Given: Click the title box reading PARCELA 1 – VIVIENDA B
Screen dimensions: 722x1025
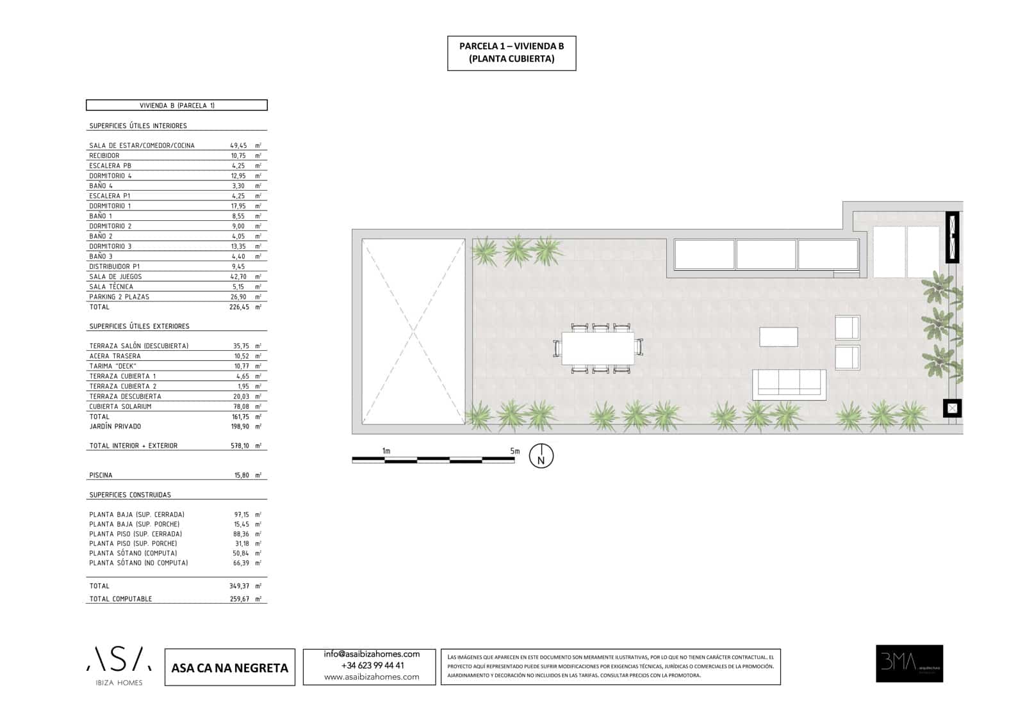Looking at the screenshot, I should coord(511,52).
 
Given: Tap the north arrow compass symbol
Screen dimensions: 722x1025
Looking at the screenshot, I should coord(541,456).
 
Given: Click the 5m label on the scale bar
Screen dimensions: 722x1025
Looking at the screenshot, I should coord(515,451).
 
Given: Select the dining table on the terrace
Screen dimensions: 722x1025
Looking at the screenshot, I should coord(598,348).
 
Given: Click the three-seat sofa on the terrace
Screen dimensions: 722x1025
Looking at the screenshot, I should coord(789,384).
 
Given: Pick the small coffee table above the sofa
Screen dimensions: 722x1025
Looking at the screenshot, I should coord(778,337).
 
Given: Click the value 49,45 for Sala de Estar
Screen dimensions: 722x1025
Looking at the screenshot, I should coord(238,146).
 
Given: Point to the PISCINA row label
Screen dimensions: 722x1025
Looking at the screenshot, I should coord(101,476).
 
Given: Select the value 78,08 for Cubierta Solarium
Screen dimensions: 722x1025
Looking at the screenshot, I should coord(241,406).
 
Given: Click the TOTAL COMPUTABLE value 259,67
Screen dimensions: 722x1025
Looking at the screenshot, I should coord(240,599).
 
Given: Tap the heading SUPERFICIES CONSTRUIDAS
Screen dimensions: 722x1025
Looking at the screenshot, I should coord(130,495).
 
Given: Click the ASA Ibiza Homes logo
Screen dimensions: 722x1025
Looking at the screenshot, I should coord(119,666).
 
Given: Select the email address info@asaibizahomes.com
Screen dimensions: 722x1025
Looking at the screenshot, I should coord(372,654).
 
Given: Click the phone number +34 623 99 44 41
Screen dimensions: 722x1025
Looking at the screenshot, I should coord(372,666).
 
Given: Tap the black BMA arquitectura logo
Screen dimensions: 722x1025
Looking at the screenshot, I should coord(909,663).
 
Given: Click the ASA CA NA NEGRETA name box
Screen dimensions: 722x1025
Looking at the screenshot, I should coord(230,668).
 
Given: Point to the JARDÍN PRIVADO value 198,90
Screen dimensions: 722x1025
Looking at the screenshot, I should coord(241,426).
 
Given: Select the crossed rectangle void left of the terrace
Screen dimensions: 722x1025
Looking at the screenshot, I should coord(413,332).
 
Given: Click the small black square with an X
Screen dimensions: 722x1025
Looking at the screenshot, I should coord(952,408).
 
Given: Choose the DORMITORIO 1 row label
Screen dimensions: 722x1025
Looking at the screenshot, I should coord(110,206).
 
